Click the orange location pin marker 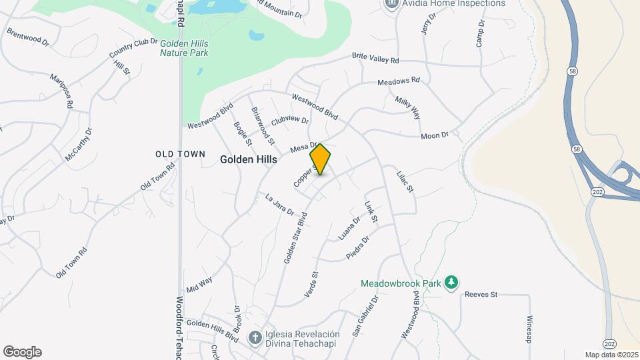(321, 159)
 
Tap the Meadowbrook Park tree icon (452, 283)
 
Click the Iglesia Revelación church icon (254, 338)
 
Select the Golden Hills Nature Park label (184, 48)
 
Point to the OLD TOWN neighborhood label (180, 154)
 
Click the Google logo (22, 352)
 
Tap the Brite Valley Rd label (375, 58)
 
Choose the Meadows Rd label (399, 81)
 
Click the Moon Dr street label (435, 136)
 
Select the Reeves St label (481, 294)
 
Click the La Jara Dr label (279, 205)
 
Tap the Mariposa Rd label (61, 91)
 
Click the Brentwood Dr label (28, 36)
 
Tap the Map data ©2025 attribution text (611, 355)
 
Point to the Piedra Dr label (357, 248)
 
